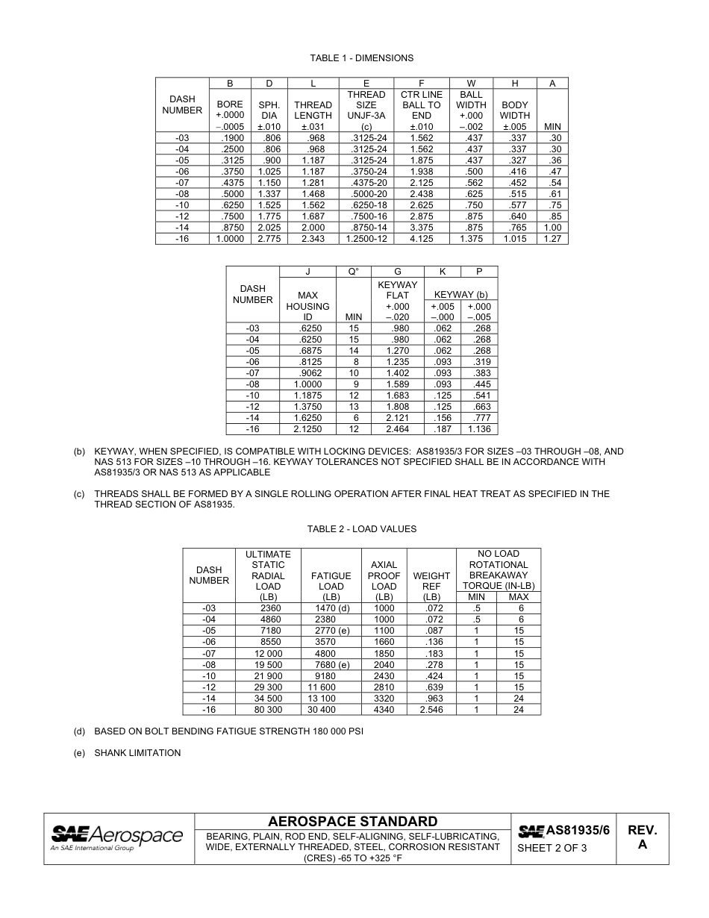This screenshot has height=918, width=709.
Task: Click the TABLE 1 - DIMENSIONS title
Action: coord(361,58)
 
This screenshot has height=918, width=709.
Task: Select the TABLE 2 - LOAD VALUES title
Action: coord(361,529)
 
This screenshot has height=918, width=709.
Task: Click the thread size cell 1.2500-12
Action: coord(366,239)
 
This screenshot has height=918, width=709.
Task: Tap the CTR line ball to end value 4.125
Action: coord(422,239)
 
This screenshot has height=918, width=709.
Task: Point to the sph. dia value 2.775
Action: coord(269,239)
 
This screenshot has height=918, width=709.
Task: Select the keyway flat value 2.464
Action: coord(397,429)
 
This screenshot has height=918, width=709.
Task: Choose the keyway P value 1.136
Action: coord(478,429)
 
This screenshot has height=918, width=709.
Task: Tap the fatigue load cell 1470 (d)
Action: coord(331,608)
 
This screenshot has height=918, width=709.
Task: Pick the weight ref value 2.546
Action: coord(431,710)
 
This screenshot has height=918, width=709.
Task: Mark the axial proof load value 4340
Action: coord(384,710)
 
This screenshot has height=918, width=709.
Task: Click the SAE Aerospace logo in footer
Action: coord(116,837)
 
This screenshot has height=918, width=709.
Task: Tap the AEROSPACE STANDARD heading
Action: coord(352,822)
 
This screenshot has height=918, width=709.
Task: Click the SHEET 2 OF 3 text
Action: coord(552,848)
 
